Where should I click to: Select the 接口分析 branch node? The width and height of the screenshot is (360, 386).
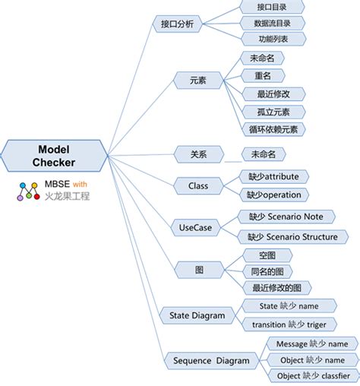177,24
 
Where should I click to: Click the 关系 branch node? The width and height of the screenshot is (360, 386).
199,155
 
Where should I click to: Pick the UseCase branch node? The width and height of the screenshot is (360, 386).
195,226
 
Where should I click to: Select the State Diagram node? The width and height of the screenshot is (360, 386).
197,315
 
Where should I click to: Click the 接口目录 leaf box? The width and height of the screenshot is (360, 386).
272,6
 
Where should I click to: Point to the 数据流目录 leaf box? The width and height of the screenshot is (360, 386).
272,23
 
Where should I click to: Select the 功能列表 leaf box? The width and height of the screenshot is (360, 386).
272,39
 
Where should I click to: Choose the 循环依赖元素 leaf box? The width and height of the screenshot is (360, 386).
273,128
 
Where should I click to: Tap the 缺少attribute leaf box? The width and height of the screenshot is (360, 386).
273,176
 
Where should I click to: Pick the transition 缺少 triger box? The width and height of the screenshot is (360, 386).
284,324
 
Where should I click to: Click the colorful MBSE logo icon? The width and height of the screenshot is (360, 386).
30,191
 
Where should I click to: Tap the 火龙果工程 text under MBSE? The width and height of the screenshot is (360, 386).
68,196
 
